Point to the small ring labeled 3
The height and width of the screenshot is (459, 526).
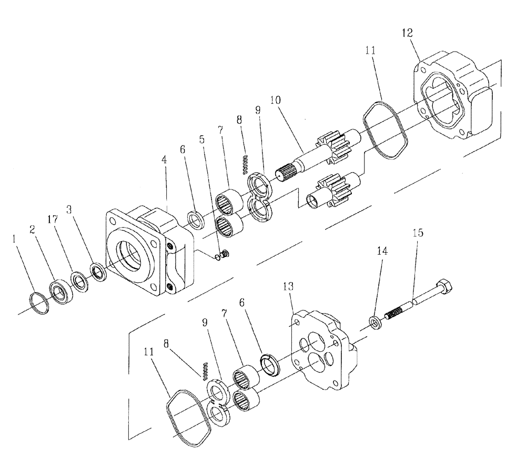click(97, 273)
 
